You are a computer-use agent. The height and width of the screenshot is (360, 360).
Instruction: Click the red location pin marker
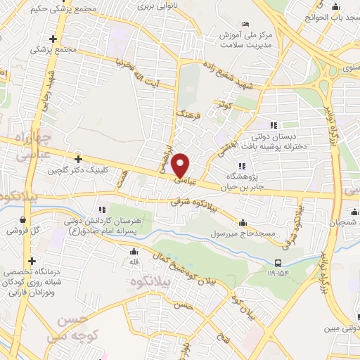[181, 165]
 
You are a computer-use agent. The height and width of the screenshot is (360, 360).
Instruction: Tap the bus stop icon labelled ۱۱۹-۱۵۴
[278, 264]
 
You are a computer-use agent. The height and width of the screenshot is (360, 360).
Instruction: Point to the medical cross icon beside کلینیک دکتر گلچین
[78, 159]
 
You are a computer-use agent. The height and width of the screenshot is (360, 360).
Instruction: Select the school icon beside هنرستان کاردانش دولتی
[103, 208]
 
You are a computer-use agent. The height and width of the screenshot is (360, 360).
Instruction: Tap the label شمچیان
[346, 222]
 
